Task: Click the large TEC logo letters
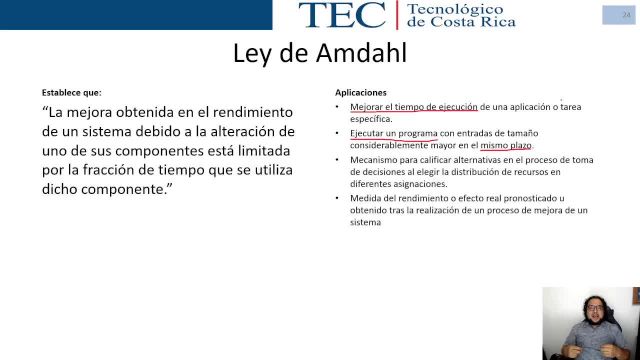tap(341, 14)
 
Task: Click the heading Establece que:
tap(71, 92)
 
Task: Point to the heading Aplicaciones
tap(360, 92)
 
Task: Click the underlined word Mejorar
tap(366, 106)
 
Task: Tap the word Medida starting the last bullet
tap(365, 198)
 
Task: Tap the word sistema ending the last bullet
tap(365, 222)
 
